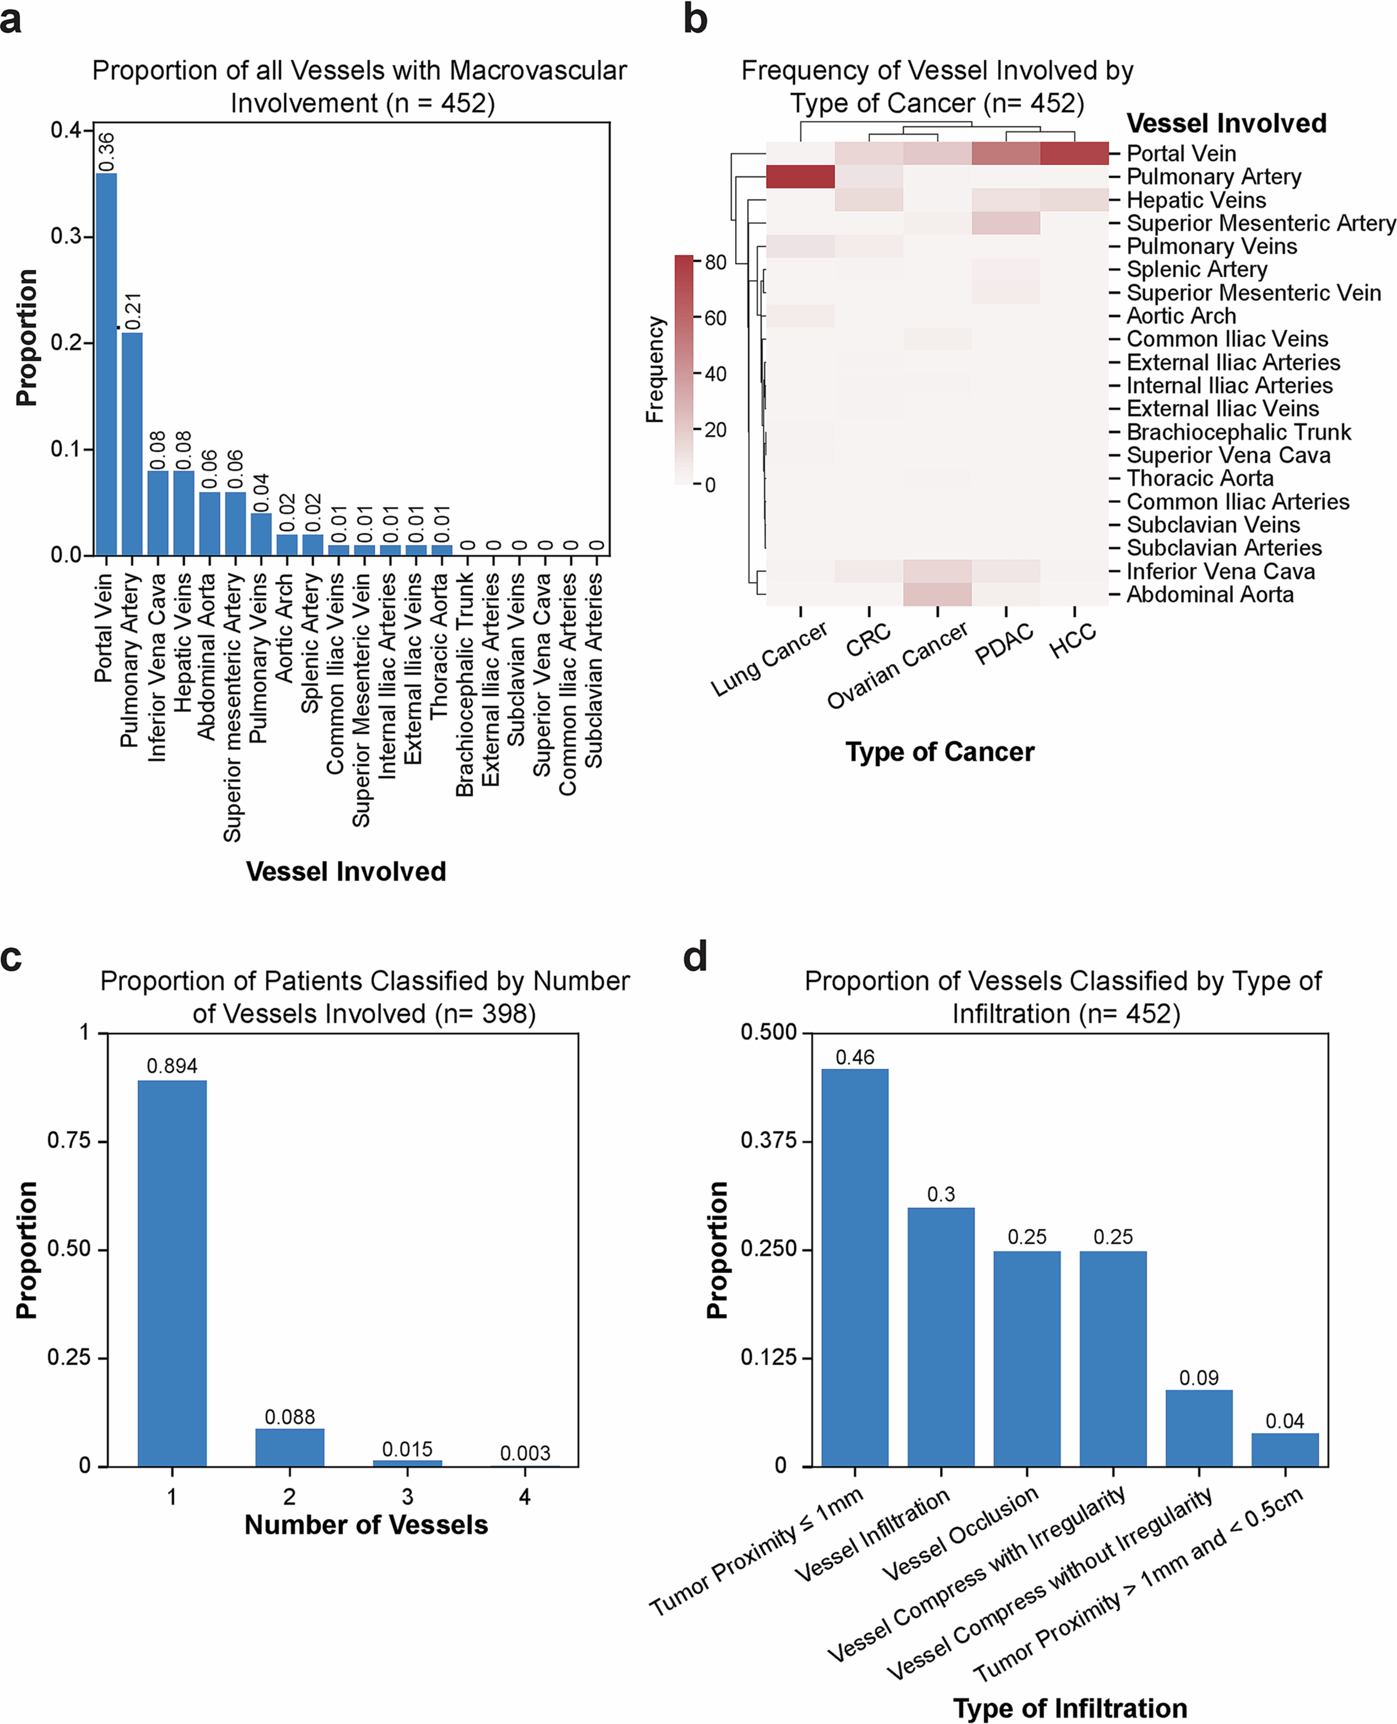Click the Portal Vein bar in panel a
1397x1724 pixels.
pyautogui.click(x=106, y=364)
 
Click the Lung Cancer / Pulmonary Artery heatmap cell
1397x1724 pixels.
pyautogui.click(x=800, y=176)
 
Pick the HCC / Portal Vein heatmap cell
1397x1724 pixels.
pyautogui.click(x=1074, y=153)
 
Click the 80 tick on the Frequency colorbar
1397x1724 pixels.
pyautogui.click(x=715, y=262)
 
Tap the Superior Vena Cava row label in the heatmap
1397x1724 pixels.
pyautogui.click(x=1228, y=456)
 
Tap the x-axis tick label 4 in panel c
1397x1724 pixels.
pyautogui.click(x=525, y=1496)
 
